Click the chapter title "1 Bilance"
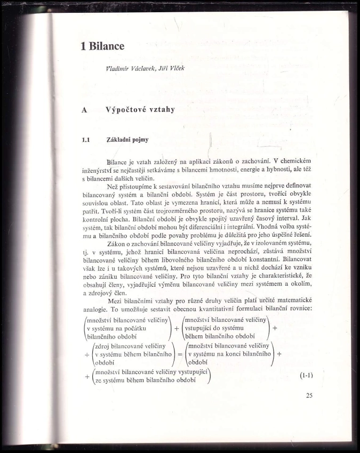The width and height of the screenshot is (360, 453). (102, 46)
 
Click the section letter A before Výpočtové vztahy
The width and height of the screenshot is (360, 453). (83, 110)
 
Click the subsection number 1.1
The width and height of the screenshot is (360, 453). (85, 140)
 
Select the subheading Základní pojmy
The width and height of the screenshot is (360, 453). (127, 140)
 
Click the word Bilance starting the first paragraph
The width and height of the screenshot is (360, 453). (117, 161)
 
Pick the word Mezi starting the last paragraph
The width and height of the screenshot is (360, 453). (115, 302)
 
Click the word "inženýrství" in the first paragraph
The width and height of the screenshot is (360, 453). (99, 169)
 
